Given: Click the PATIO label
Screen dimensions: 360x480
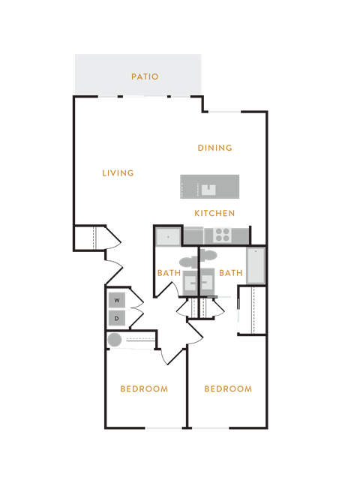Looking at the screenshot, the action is click(145, 76).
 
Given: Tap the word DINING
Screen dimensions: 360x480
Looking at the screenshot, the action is click(215, 148).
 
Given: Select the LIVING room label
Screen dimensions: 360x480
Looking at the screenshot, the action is click(118, 173).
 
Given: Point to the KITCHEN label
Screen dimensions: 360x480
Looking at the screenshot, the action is click(214, 213).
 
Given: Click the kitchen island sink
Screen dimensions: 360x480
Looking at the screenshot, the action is click(208, 190).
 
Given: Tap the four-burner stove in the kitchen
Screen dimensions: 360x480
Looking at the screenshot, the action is click(222, 235).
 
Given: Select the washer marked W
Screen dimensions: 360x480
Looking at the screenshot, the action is click(117, 300).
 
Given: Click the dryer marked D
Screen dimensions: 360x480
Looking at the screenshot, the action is click(117, 318).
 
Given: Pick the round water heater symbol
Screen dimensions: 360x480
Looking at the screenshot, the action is click(115, 340).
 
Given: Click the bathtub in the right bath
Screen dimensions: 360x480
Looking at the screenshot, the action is click(256, 265).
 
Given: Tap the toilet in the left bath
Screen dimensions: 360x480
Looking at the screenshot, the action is click(188, 262).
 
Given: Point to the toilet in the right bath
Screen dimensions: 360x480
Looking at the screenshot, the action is click(208, 255).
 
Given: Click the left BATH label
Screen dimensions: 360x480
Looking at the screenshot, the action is click(169, 273).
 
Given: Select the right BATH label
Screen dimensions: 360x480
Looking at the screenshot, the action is click(231, 273).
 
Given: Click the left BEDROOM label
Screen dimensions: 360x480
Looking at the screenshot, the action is click(144, 389).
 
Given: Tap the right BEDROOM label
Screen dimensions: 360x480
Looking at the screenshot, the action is click(228, 389).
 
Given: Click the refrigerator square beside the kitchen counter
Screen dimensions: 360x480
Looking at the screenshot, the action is click(168, 237).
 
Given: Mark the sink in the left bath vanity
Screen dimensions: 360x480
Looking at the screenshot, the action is click(190, 283).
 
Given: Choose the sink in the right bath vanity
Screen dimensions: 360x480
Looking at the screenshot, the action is click(207, 283).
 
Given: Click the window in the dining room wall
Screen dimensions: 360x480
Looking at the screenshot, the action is click(225, 112).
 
